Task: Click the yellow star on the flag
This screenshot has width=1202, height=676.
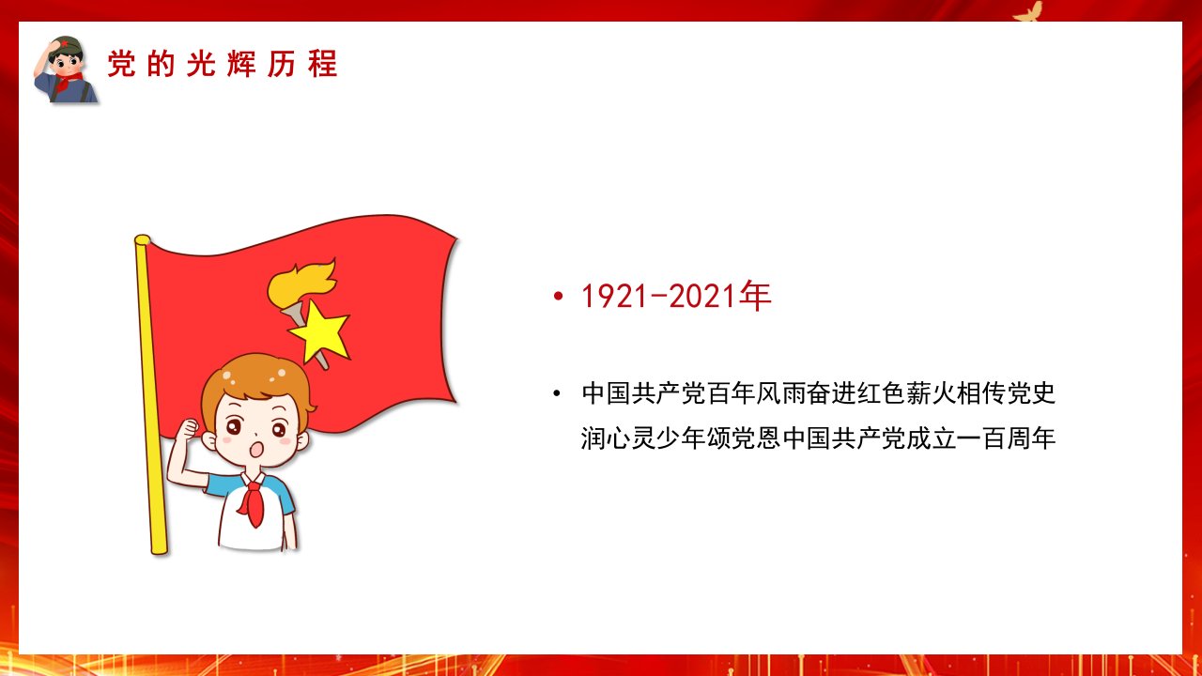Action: (320, 332)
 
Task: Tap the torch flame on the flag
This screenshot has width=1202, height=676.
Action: (301, 283)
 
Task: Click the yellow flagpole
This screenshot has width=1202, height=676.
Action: (151, 394)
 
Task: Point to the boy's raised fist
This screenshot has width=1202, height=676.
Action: (187, 430)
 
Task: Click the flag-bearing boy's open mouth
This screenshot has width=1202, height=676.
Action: (257, 449)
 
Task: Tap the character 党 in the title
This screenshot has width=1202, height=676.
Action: (121, 64)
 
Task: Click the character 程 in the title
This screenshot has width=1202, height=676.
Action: (322, 64)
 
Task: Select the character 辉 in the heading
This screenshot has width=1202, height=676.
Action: (241, 64)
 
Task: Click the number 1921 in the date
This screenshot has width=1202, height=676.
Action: (614, 296)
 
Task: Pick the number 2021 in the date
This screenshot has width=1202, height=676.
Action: (701, 296)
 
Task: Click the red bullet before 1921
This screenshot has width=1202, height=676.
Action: (558, 296)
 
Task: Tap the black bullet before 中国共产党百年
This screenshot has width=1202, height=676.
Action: (557, 393)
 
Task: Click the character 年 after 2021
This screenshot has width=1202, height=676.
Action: (755, 296)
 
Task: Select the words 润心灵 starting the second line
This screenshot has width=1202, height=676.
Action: (618, 438)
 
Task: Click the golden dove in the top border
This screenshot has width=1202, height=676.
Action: (1027, 12)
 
